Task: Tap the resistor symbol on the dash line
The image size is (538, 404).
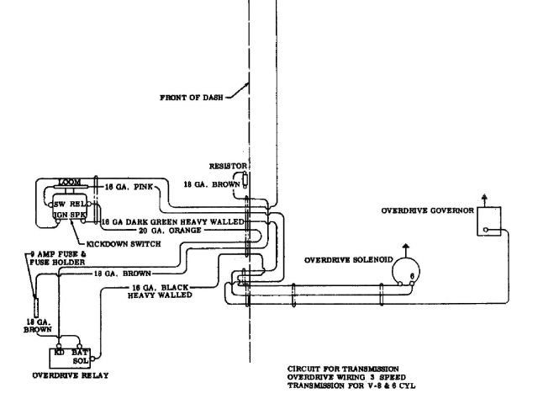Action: (246, 179)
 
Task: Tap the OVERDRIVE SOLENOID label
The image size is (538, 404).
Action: (346, 259)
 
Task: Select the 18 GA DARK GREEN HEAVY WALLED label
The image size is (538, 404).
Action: (171, 220)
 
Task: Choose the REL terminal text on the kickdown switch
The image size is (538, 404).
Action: (79, 205)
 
